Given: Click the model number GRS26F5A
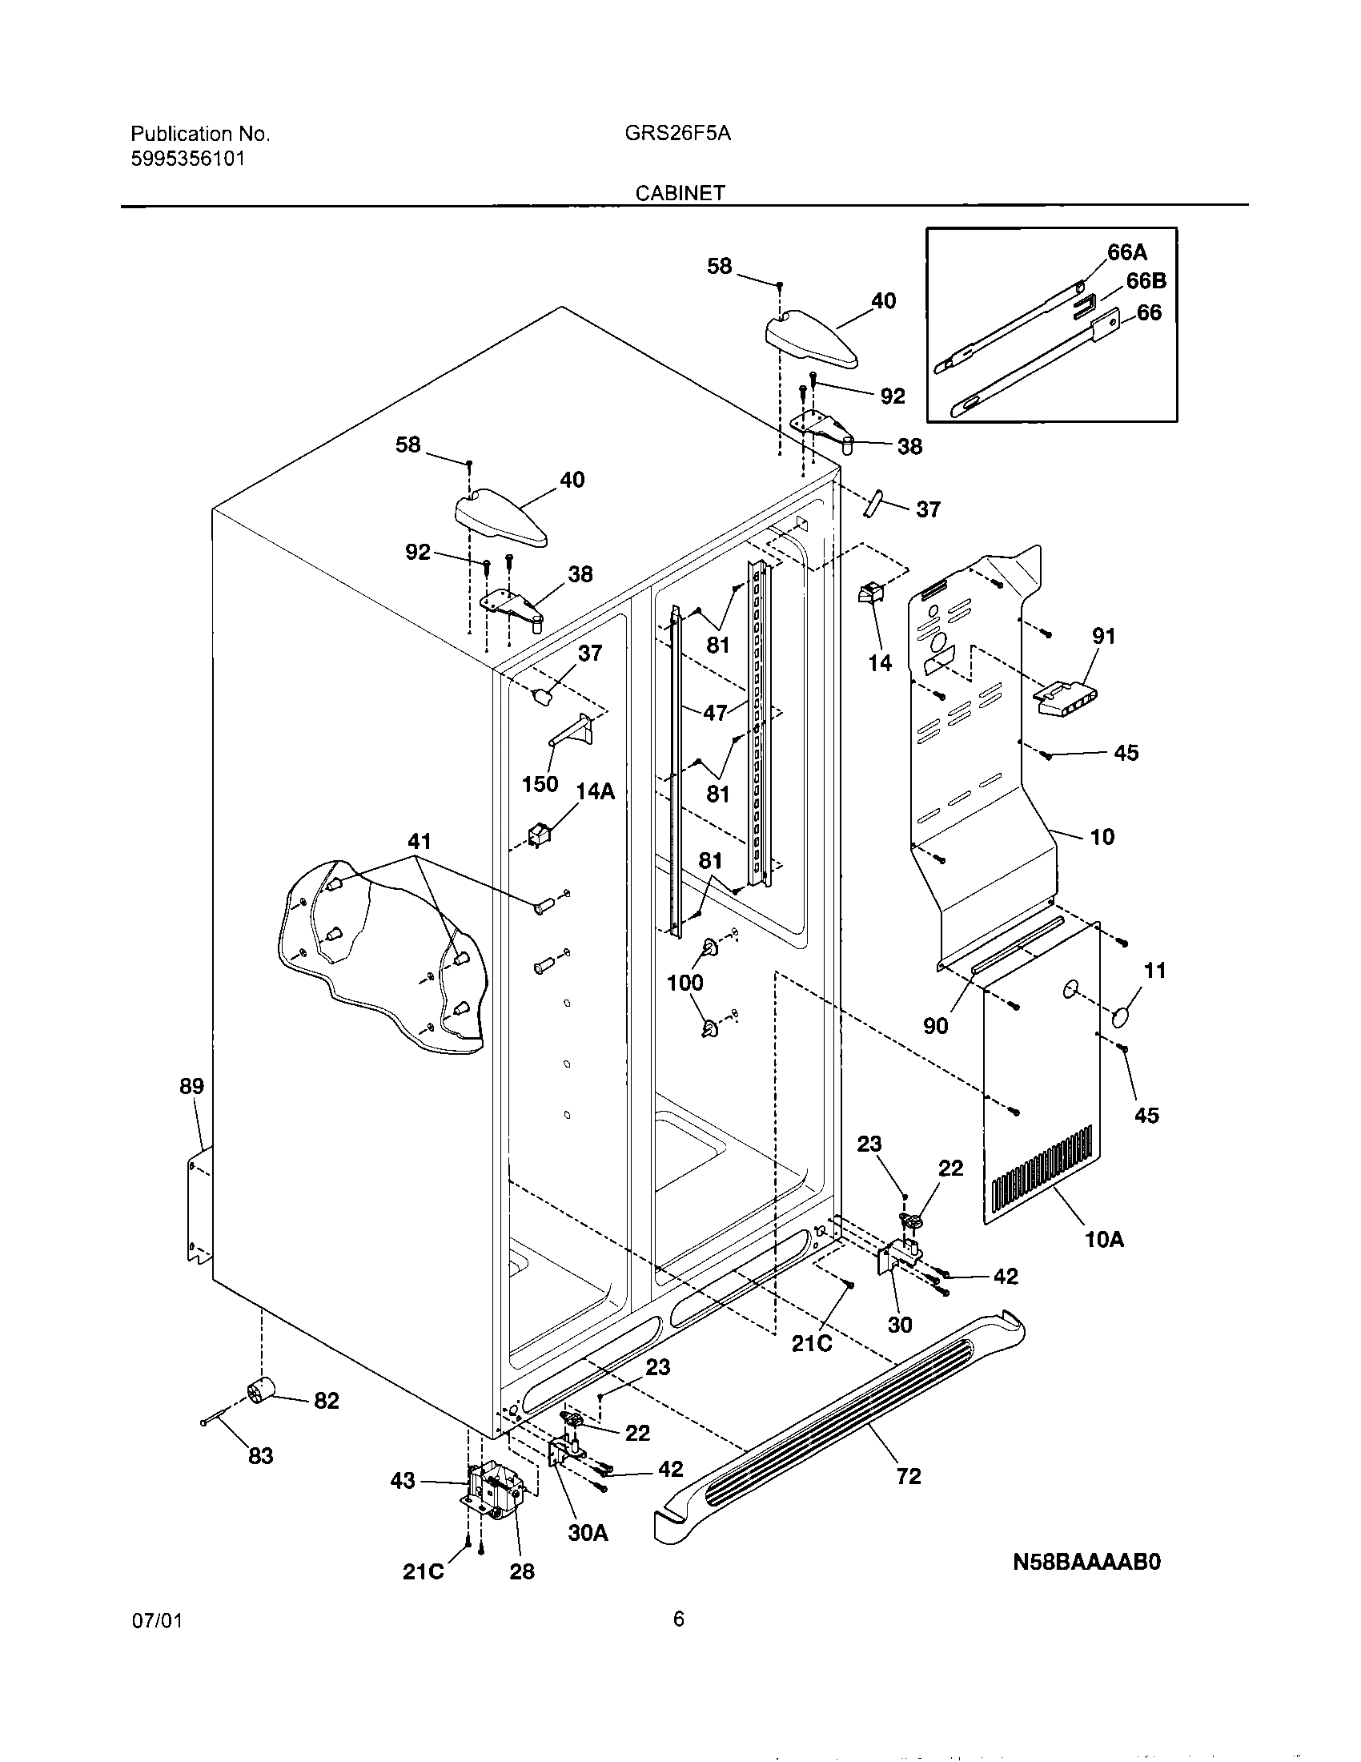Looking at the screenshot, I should tap(677, 134).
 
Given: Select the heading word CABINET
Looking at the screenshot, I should tap(680, 193).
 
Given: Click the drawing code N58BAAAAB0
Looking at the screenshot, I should tap(1086, 1563).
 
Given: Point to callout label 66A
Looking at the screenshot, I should tap(1126, 252).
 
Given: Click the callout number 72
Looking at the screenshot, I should tap(908, 1475).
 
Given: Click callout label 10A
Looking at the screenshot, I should tap(1104, 1239).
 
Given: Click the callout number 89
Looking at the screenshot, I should tap(192, 1086).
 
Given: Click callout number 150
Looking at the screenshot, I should tap(540, 783).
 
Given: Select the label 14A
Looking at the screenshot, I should tap(595, 791).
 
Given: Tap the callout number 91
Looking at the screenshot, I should tap(1103, 636).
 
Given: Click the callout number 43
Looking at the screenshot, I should tap(403, 1481).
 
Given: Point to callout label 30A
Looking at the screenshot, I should tap(588, 1533).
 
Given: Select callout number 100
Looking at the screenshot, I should tap(685, 982).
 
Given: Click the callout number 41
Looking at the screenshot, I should tap(419, 842).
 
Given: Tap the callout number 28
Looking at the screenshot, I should tap(522, 1571).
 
